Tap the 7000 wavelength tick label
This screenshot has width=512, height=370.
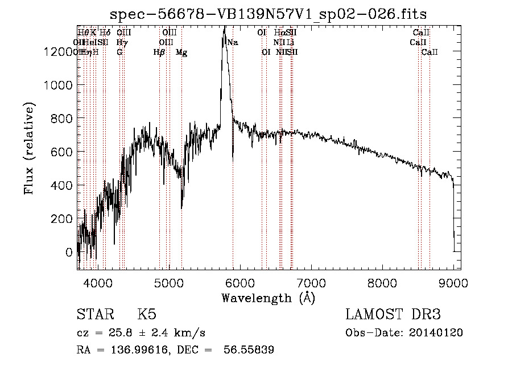(x=311, y=283)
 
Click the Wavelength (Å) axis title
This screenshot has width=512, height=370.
(x=268, y=298)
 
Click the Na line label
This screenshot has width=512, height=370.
(x=232, y=43)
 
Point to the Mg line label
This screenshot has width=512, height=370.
(x=181, y=52)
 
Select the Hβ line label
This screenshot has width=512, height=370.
(x=159, y=52)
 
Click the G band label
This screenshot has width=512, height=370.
(x=119, y=52)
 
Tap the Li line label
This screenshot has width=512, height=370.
(x=290, y=43)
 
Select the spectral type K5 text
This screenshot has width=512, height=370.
(x=147, y=315)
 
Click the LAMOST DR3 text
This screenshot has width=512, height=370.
(x=393, y=315)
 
